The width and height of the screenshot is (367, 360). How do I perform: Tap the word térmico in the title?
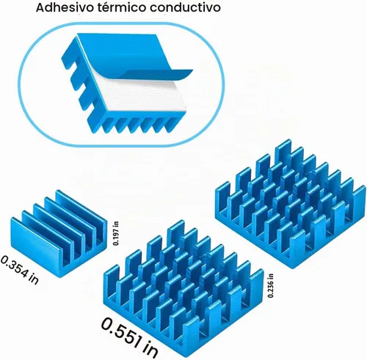[x=123, y=7]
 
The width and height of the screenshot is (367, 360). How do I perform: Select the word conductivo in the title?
[x=186, y=7]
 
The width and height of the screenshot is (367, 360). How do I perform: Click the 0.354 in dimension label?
[x=20, y=270]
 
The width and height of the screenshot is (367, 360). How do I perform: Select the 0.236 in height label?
[x=271, y=285]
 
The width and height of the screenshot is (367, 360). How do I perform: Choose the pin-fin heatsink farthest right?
[x=291, y=203]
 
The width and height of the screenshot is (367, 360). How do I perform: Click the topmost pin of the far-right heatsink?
[x=284, y=149]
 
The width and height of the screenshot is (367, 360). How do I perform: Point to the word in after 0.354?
[x=34, y=279]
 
